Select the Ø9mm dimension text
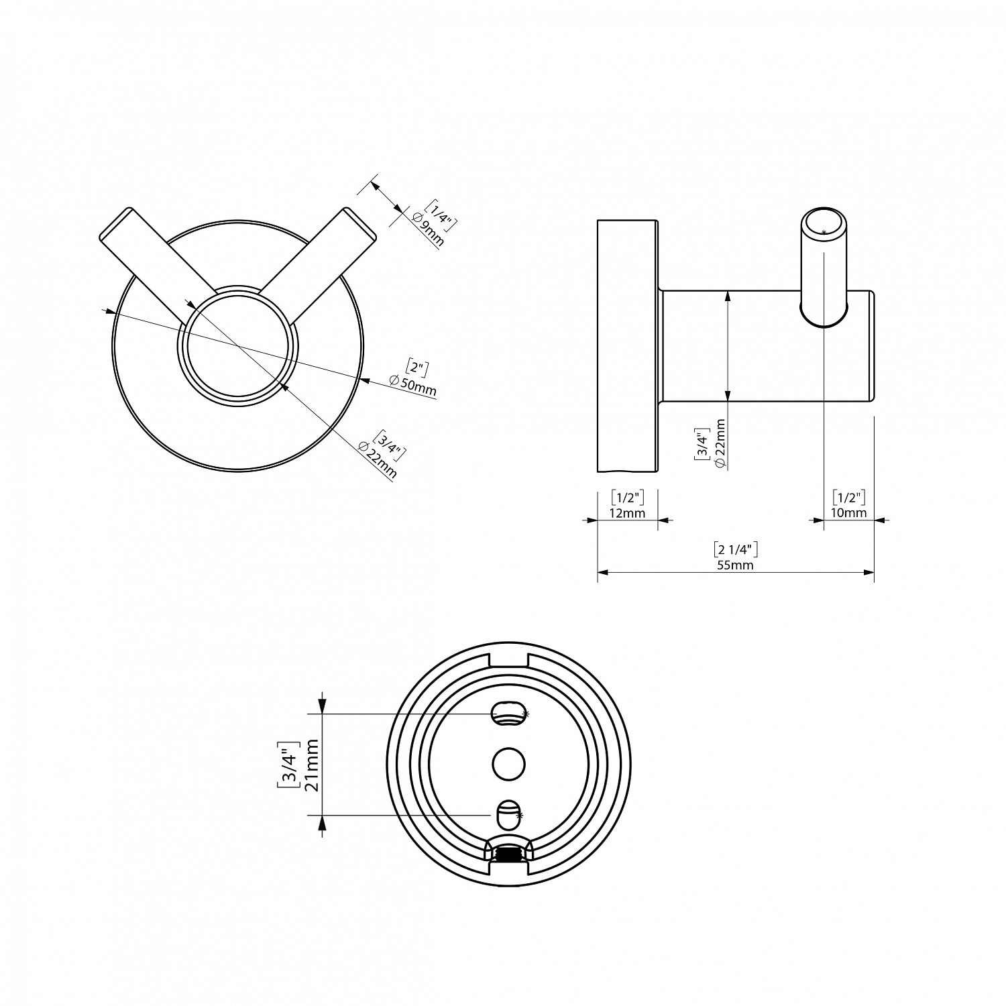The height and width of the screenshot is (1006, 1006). coord(428,229)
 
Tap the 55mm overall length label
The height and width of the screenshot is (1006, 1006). coord(736,565)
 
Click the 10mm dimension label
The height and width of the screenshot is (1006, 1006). coord(848,513)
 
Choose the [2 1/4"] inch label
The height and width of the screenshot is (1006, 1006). coord(736,549)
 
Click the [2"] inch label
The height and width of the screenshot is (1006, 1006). coord(418,368)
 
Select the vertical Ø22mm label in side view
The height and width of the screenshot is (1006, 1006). coord(720,443)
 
